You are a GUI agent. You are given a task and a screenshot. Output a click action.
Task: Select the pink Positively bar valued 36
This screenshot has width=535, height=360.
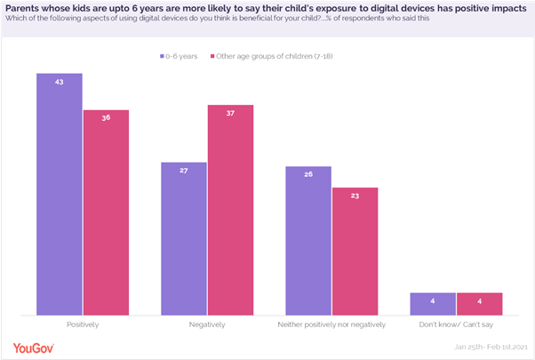(x=106, y=212)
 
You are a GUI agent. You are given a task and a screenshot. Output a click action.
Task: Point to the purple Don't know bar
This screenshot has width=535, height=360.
(x=432, y=303)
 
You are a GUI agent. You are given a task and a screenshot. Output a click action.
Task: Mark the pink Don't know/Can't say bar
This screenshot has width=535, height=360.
(x=479, y=303)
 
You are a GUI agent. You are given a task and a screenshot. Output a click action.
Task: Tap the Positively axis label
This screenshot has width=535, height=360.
(x=83, y=325)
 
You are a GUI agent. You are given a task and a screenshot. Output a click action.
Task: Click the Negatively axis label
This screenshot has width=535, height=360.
(x=207, y=325)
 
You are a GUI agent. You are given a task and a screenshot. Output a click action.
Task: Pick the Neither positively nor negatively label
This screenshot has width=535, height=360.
(x=331, y=325)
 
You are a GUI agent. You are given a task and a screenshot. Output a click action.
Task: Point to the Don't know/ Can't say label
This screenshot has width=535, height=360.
(x=456, y=325)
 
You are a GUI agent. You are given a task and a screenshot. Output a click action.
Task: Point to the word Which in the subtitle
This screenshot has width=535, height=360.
(x=16, y=20)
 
